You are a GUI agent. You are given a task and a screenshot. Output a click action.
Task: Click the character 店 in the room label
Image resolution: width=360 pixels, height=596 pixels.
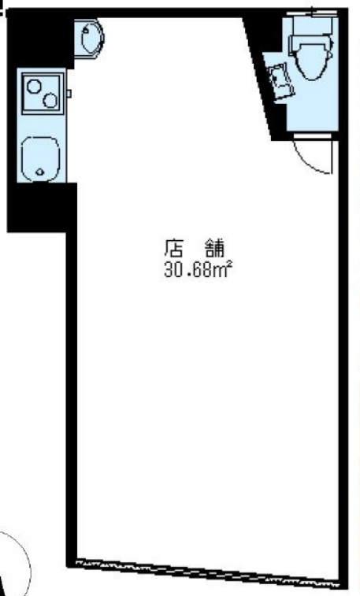pos(174,247)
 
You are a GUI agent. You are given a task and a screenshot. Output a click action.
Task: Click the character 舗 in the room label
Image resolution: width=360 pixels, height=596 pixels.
pos(216,247)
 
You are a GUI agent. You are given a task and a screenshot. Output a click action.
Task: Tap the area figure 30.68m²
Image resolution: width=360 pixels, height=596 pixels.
pos(198,269)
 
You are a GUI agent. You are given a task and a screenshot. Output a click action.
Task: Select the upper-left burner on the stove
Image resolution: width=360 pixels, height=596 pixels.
pos(33,87)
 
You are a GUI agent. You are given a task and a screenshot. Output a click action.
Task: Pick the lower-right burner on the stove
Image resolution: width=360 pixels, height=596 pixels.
pos(50,100)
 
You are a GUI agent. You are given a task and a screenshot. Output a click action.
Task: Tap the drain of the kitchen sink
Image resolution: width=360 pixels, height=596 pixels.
pos(40,172)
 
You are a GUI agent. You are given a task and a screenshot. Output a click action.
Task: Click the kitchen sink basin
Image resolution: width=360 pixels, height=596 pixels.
pos(40,159)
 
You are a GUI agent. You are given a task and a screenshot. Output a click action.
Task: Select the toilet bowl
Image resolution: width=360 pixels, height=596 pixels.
pos(313,60)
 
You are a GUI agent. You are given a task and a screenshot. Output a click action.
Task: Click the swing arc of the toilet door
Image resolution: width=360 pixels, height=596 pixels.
pos(309,160)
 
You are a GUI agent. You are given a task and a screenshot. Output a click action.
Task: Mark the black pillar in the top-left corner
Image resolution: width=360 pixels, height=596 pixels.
pos(40,38)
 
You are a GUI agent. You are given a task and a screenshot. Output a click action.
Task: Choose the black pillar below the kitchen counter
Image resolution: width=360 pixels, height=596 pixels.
pos(42,207)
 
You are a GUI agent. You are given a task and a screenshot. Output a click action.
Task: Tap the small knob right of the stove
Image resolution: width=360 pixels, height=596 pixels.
pos(69,94)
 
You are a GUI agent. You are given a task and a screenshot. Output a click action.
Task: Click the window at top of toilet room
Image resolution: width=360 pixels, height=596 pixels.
pos(312,13)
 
